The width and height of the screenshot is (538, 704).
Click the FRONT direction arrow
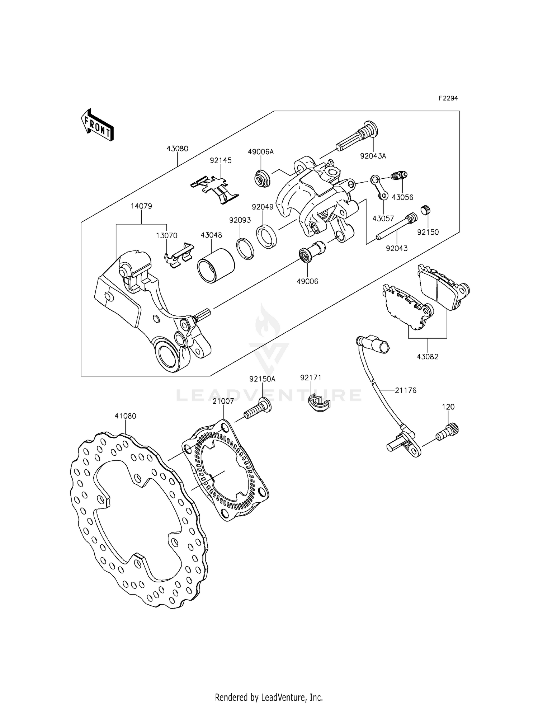click(97, 125)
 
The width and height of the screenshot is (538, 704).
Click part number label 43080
click(177, 149)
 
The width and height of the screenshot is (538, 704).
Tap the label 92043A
click(373, 156)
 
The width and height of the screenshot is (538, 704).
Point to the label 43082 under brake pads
click(428, 357)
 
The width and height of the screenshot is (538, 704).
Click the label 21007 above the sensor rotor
click(223, 401)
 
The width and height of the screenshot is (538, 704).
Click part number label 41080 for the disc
click(125, 416)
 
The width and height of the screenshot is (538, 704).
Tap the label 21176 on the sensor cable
click(406, 390)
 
